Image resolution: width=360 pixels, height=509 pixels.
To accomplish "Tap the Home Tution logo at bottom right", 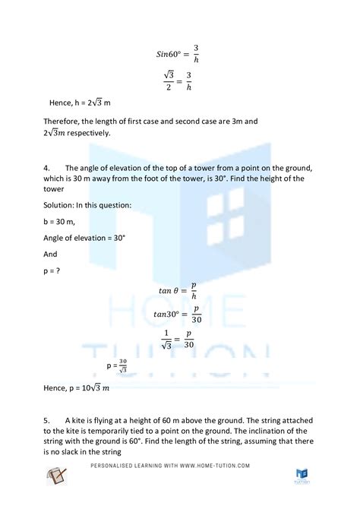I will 302,475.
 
